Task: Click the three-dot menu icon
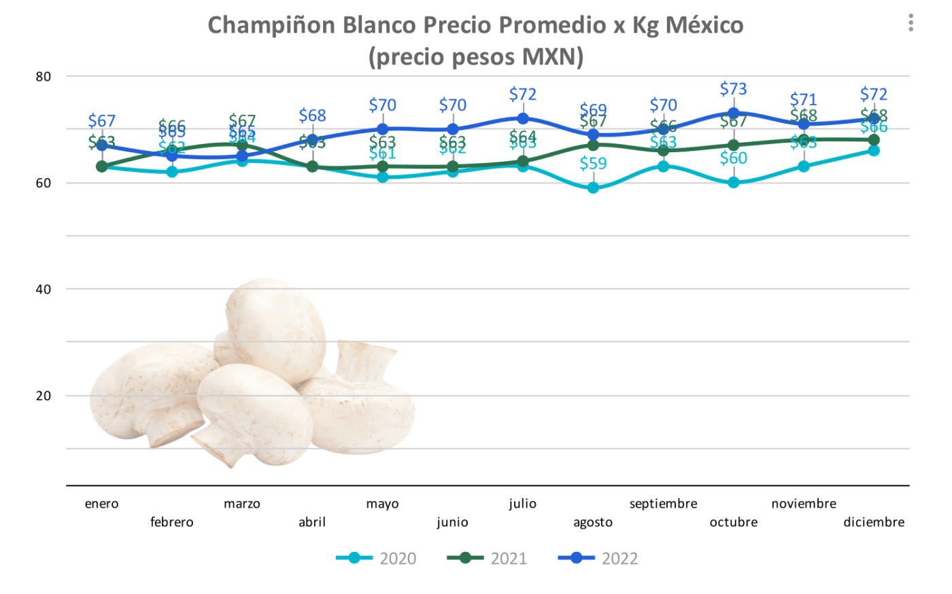(911, 23)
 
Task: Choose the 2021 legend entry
(487, 559)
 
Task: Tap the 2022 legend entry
(598, 559)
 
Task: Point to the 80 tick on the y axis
(44, 77)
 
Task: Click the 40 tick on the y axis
(44, 290)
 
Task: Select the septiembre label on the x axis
(663, 504)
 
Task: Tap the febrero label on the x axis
(172, 522)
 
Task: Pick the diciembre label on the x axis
(874, 522)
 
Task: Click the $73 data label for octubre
(734, 89)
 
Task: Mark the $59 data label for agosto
(593, 164)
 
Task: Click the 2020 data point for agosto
(593, 188)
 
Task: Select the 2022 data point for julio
(523, 118)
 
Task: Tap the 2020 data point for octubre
(734, 182)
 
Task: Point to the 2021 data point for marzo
(242, 145)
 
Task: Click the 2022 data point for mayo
(383, 129)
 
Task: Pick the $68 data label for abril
(312, 116)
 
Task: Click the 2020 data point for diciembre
(874, 150)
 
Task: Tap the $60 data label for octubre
(734, 158)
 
